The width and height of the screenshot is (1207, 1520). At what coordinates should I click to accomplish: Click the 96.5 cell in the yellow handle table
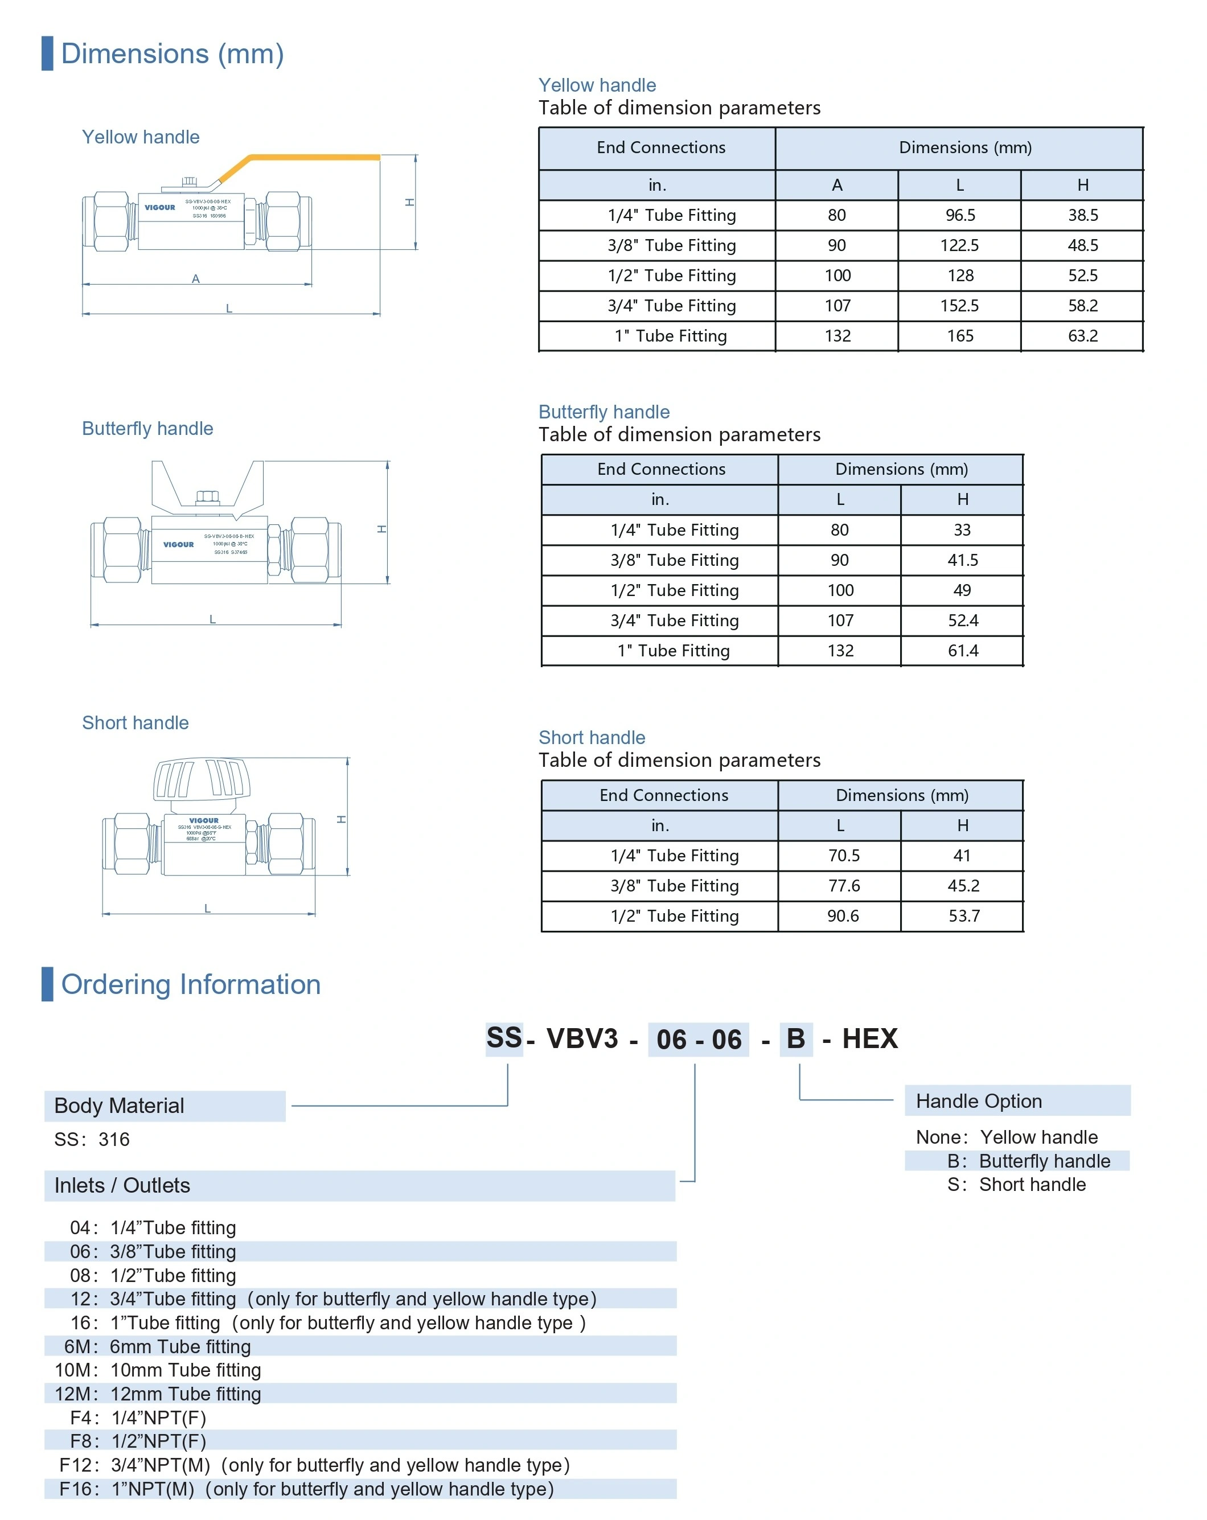pos(959,215)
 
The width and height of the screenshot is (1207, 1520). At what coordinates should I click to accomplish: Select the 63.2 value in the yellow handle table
pos(1082,335)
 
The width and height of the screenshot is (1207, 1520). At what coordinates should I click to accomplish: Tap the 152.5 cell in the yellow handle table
pos(959,305)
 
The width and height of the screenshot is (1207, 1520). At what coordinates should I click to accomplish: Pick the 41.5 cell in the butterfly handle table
pos(962,560)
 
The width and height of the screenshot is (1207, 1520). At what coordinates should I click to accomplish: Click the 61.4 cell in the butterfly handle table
pos(962,650)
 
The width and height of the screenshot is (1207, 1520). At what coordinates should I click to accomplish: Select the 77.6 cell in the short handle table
pos(843,885)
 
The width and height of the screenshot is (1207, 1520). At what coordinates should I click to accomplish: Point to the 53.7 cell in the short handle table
pos(963,916)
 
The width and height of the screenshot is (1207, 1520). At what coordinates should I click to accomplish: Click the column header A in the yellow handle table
pos(837,184)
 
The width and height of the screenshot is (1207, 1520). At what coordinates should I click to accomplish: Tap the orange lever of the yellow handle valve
pos(310,158)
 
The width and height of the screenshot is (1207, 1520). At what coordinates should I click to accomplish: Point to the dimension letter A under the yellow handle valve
pos(196,278)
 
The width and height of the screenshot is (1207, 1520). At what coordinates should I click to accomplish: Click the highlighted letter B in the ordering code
pos(795,1038)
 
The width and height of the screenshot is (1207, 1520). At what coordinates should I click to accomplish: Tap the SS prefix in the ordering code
pos(504,1038)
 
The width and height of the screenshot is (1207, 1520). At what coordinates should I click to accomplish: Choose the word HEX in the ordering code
pos(869,1038)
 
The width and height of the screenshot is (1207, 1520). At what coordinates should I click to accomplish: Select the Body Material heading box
pos(165,1106)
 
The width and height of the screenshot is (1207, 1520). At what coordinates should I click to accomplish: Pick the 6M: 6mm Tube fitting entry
pos(158,1346)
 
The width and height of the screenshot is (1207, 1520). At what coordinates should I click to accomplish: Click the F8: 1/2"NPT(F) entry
pos(138,1440)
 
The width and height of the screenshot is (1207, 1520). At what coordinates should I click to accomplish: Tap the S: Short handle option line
pos(1016,1185)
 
